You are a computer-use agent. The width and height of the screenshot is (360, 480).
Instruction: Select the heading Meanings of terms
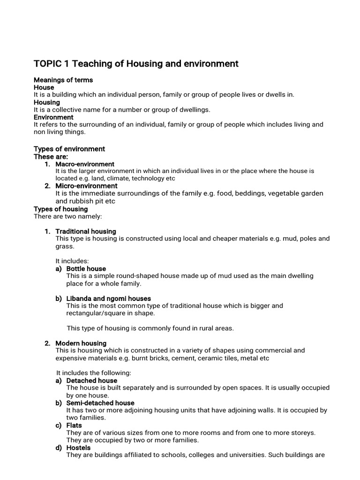[x=63, y=80]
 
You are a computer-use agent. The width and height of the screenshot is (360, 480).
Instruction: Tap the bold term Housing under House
[x=47, y=102]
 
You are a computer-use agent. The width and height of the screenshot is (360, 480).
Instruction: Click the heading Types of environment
[x=69, y=149]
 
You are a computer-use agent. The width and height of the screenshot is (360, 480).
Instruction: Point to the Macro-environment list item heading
[x=84, y=164]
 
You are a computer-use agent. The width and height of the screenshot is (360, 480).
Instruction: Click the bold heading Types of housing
[x=60, y=209]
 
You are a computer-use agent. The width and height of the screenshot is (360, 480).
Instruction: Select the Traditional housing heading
[x=85, y=232]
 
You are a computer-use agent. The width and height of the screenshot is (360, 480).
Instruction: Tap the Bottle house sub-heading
[x=86, y=269]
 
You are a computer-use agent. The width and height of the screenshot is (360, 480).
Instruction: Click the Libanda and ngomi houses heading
[x=108, y=299]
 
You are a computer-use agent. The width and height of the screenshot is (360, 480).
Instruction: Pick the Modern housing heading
[x=81, y=343]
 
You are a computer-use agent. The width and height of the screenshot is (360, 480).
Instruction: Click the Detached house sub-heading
[x=91, y=381]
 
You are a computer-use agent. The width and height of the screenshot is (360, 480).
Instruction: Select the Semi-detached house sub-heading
[x=100, y=403]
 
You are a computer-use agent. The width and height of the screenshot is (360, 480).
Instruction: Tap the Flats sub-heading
[x=74, y=426]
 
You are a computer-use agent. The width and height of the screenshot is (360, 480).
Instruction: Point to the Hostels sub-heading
[x=78, y=448]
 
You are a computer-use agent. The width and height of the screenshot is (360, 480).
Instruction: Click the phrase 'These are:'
[x=51, y=157]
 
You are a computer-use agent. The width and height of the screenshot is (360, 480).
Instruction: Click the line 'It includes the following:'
[x=93, y=373]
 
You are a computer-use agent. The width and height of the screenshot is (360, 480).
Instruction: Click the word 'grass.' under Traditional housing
[x=65, y=246]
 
